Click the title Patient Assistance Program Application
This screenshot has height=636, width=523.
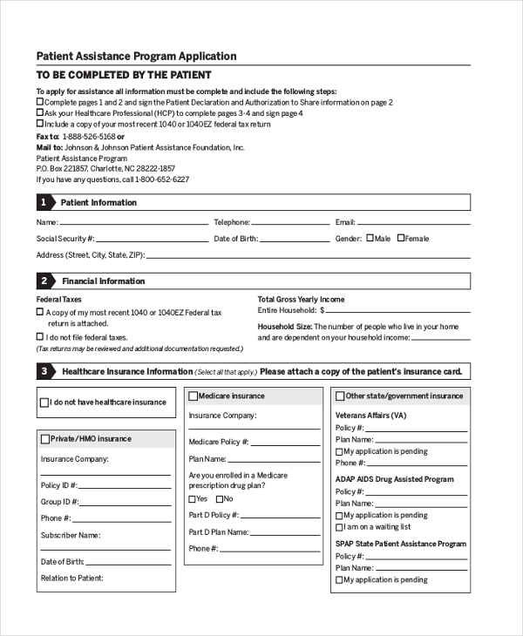click(x=136, y=56)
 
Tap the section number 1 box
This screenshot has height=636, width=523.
click(x=44, y=203)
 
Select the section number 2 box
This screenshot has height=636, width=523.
click(x=44, y=281)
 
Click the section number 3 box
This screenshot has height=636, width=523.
click(x=44, y=372)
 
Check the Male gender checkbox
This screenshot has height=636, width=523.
click(x=370, y=238)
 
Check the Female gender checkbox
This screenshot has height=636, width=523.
click(x=400, y=238)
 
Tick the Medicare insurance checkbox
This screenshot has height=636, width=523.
click(x=194, y=396)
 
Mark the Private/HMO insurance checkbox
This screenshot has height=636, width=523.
click(x=45, y=439)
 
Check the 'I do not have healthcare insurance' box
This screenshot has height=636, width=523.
click(x=45, y=403)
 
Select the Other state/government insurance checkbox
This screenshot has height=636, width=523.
click(x=340, y=396)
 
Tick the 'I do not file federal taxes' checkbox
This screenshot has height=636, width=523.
click(x=40, y=336)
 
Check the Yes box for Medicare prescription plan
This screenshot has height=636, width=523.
click(x=193, y=499)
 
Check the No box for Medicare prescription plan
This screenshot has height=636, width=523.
click(x=219, y=499)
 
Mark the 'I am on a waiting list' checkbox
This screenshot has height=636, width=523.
click(x=339, y=527)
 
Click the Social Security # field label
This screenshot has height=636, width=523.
click(x=65, y=239)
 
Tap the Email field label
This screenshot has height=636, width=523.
click(x=345, y=223)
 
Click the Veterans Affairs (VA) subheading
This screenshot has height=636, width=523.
click(x=371, y=416)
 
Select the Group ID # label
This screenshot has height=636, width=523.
click(x=60, y=502)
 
